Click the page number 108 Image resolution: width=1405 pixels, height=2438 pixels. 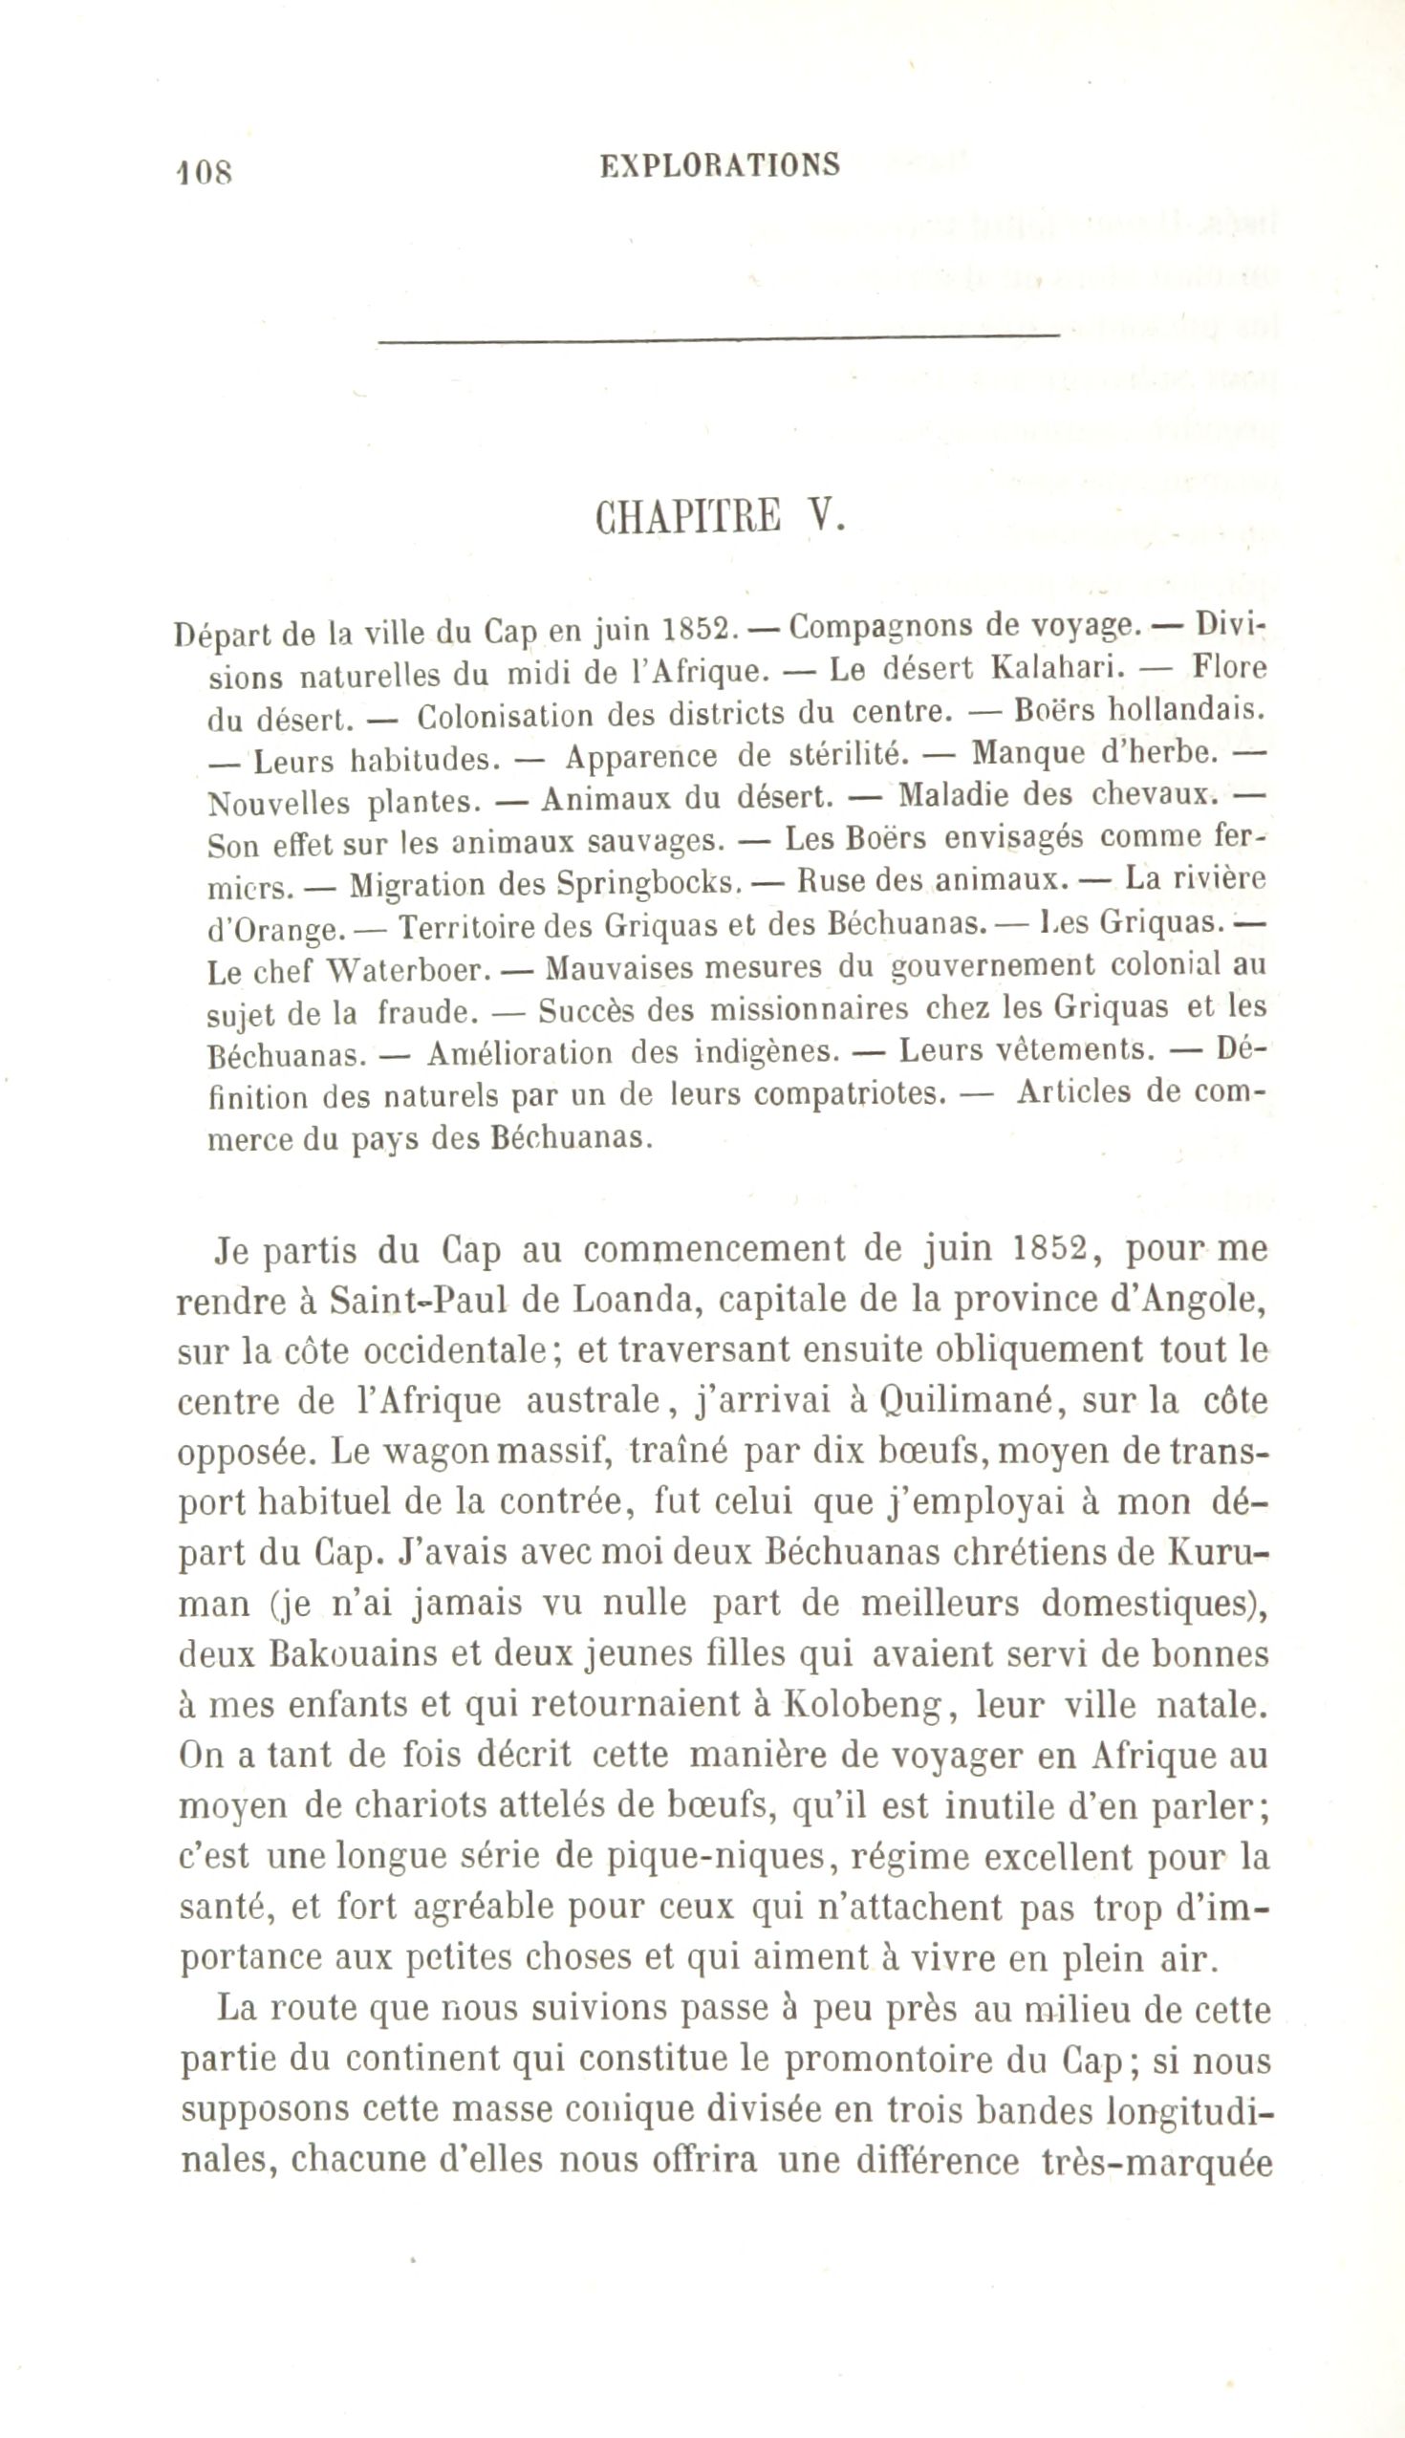pos(205,172)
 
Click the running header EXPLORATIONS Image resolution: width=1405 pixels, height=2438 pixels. pos(719,166)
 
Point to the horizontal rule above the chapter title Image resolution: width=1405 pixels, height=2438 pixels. pos(719,336)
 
